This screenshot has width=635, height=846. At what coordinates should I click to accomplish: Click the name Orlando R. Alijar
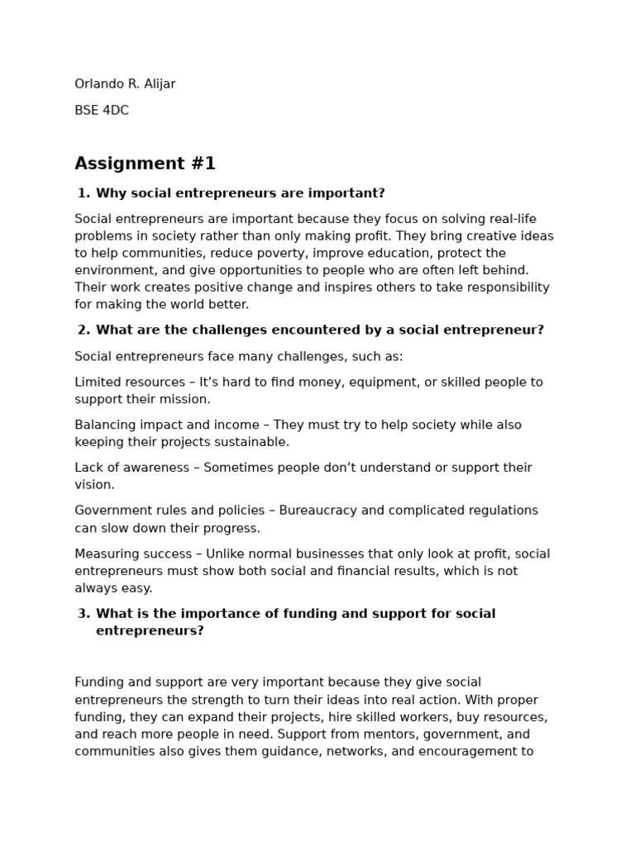[125, 84]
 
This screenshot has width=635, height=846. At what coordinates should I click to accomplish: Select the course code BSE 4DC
[102, 111]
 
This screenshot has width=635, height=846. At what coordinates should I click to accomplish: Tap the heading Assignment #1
[145, 164]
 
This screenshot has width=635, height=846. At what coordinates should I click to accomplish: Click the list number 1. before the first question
[84, 193]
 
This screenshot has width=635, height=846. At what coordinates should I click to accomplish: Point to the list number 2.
[84, 330]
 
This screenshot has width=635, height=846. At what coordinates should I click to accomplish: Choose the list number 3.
[84, 614]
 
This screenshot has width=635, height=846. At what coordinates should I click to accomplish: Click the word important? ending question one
[352, 193]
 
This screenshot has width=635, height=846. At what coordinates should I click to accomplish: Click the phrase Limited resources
[130, 383]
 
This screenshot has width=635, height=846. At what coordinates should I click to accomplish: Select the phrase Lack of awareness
[131, 468]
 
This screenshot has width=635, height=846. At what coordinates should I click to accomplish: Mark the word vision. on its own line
[94, 485]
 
